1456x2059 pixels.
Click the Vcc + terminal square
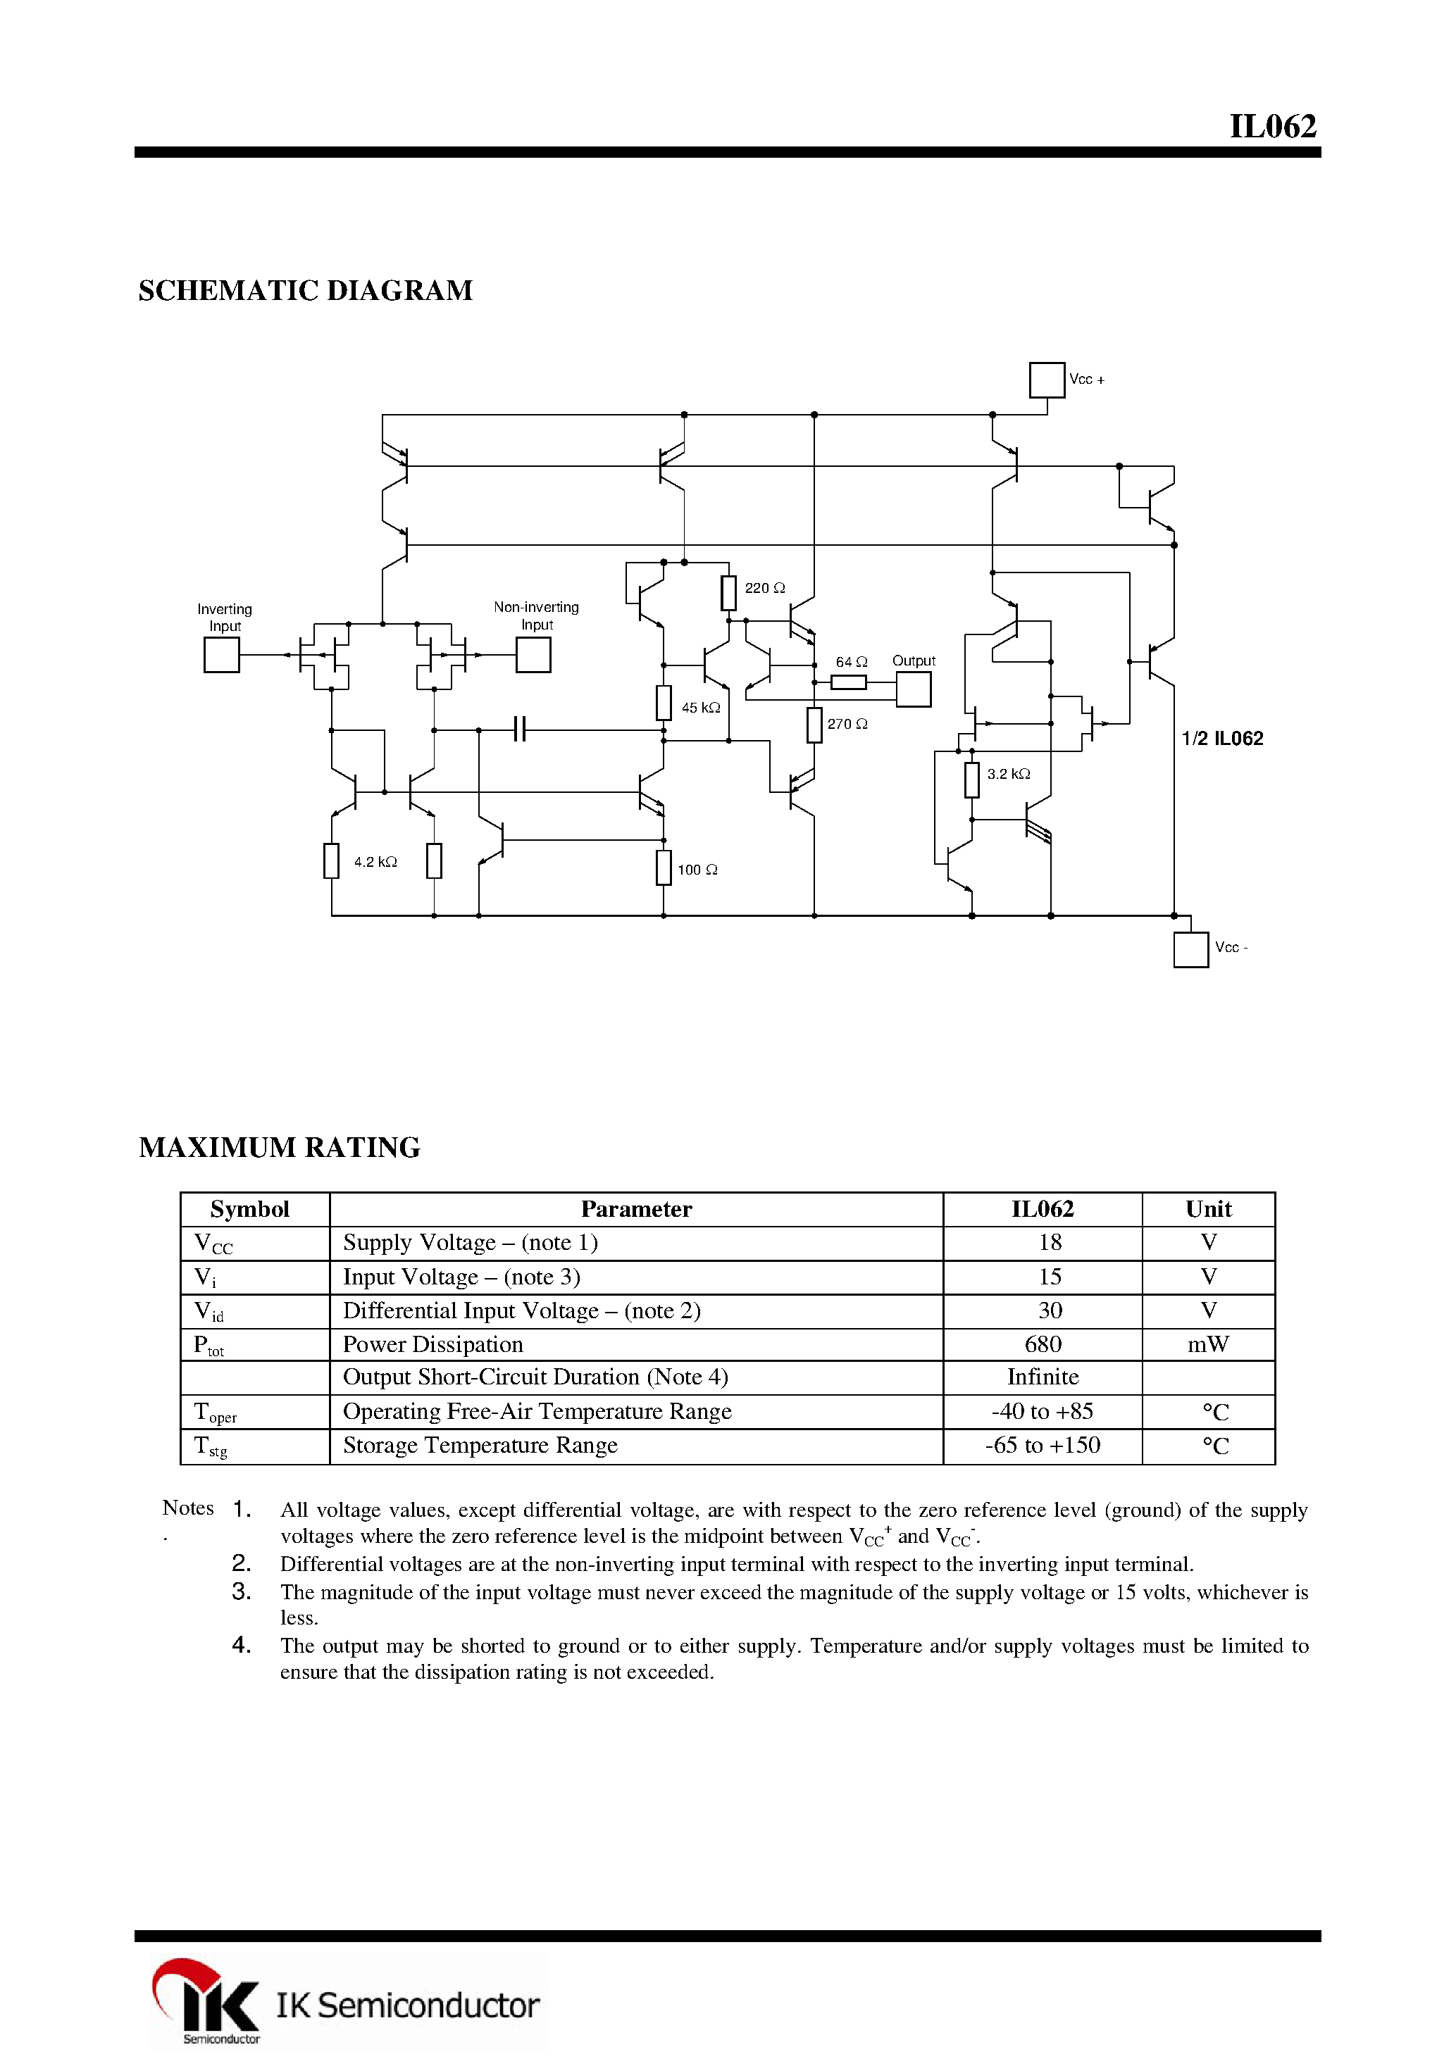coord(1046,380)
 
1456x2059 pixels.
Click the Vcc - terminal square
coord(1190,950)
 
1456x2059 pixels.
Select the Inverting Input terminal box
coord(222,655)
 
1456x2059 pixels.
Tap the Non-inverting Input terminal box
coord(533,655)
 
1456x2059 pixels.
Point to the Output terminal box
coord(913,689)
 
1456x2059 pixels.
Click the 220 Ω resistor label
coord(764,588)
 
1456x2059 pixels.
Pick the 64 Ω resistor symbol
coord(849,682)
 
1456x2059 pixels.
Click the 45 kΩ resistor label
coord(701,708)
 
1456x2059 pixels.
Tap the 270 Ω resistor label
coord(847,724)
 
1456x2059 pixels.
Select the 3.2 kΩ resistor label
coord(1008,774)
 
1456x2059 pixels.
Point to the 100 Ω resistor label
coord(697,870)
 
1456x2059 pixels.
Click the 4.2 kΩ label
coord(375,862)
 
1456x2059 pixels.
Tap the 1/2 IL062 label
coord(1222,738)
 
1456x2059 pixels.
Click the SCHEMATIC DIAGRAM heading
coord(305,291)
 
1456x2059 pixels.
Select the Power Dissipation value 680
coord(1043,1344)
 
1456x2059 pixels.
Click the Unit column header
coord(1207,1209)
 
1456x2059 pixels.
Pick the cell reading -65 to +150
coord(1043,1445)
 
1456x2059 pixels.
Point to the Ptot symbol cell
coord(209,1345)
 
